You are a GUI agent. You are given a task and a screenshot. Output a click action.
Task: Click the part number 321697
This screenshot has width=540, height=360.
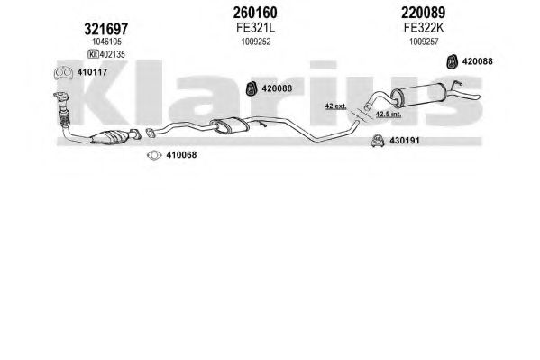[x=105, y=29]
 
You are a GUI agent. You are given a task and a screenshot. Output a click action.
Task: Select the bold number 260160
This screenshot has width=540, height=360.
[x=255, y=13]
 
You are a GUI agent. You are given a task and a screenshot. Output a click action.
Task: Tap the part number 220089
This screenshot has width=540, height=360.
[x=423, y=13]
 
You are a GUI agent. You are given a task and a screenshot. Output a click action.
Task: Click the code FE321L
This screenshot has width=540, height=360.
[x=255, y=28]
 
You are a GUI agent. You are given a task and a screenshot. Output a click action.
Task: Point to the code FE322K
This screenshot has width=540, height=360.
[x=424, y=28]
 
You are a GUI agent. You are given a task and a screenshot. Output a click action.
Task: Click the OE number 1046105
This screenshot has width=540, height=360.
[x=106, y=42]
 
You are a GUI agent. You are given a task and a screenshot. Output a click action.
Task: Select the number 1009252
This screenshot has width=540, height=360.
[x=256, y=42]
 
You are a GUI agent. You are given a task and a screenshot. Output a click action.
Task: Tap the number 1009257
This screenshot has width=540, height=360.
[x=424, y=42]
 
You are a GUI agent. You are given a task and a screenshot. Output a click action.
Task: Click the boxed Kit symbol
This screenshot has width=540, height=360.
[x=94, y=54]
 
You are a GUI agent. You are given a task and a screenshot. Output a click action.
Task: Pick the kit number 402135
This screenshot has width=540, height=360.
[x=113, y=54]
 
